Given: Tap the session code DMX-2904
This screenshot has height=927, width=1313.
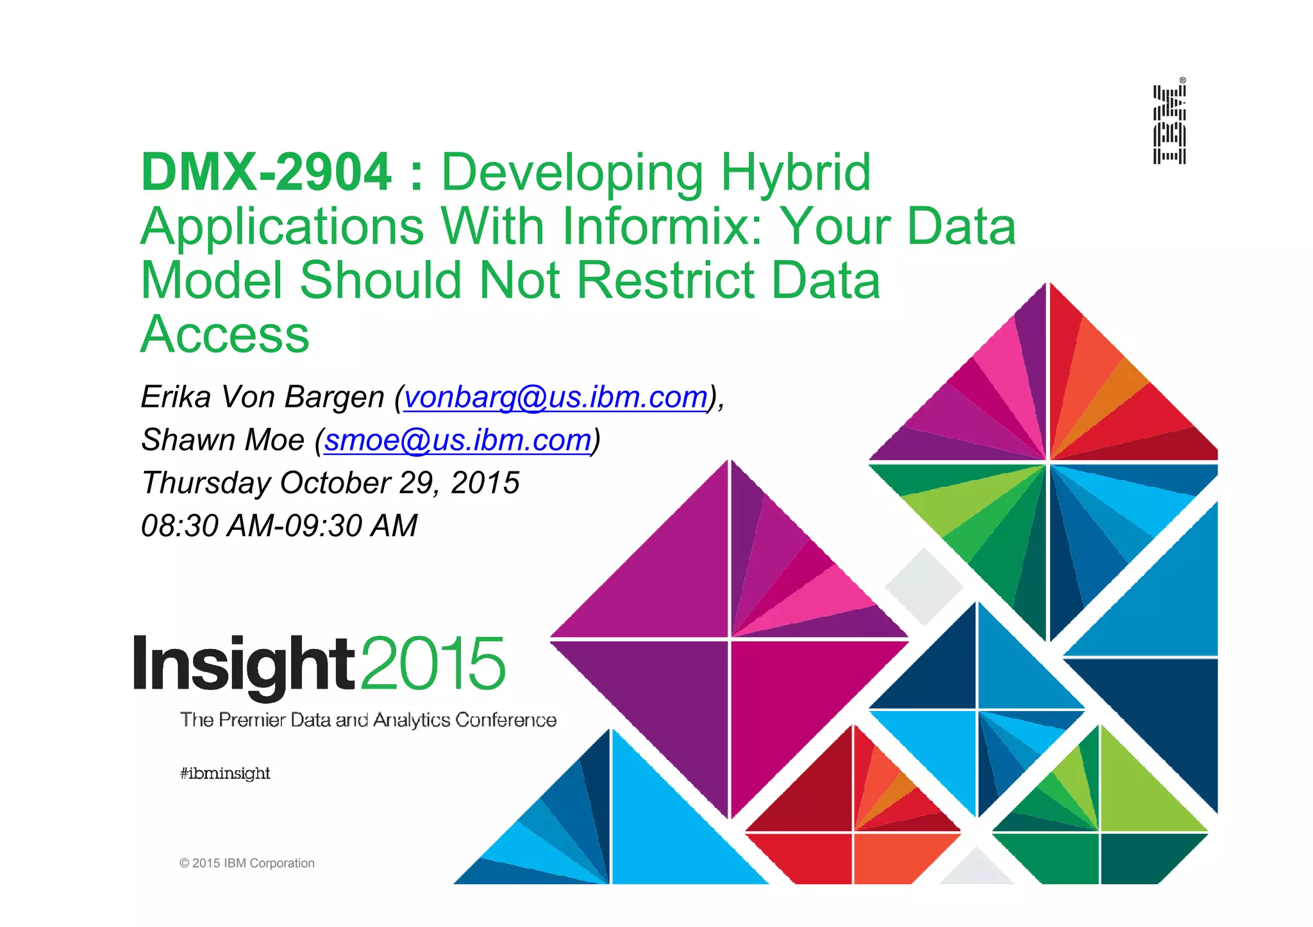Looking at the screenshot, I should tap(266, 172).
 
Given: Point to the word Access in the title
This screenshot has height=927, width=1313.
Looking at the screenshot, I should tap(225, 334).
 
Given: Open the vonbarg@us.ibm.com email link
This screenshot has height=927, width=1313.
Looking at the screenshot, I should tap(555, 397).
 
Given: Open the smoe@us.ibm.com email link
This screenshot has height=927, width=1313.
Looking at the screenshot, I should tap(458, 439).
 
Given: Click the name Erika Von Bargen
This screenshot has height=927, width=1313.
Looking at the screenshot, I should tap(262, 397).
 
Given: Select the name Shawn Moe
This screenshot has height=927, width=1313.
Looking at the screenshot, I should tap(222, 439).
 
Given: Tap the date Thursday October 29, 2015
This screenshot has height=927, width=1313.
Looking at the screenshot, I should tap(330, 482).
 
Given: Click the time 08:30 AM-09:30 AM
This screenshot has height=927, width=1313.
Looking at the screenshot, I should tap(279, 525).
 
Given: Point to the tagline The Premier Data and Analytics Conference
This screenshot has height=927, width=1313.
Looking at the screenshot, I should tap(368, 720).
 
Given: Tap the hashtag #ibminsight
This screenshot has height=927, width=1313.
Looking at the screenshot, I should tap(225, 773).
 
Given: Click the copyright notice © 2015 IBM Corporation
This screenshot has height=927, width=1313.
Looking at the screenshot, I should tap(247, 863).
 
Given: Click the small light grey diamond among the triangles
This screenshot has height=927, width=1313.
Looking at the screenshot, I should tap(924, 586).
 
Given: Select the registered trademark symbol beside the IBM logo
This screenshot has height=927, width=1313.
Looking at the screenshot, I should tap(1182, 80).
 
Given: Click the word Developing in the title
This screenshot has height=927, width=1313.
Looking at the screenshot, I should tap(573, 172).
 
